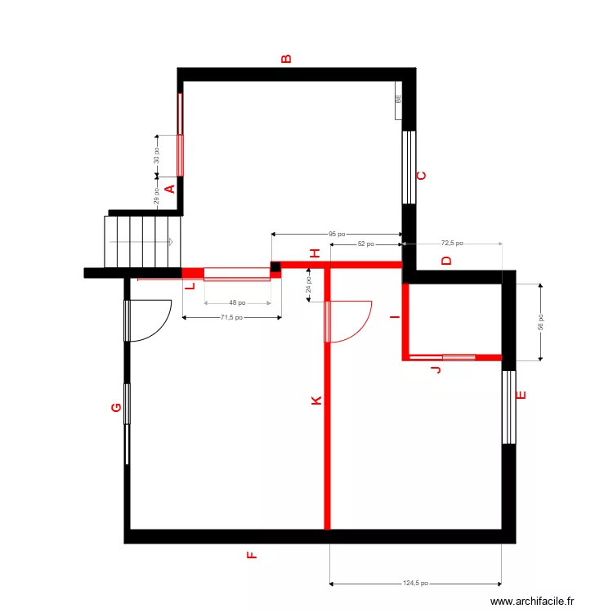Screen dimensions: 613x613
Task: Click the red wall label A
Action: point(170,190)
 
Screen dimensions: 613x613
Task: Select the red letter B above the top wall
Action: point(286,59)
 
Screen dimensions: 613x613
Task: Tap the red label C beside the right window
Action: point(422,176)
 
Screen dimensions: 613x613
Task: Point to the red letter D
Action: point(446,262)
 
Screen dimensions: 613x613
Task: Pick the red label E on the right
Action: point(521,396)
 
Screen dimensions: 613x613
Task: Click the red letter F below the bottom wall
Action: point(252,556)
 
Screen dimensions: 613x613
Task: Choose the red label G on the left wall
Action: point(116,407)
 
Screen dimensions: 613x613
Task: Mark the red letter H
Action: point(313,254)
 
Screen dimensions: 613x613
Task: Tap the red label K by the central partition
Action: point(316,400)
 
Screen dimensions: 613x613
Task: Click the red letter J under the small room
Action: point(436,370)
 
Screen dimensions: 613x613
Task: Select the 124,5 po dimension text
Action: point(415,584)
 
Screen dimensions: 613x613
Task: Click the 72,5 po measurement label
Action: point(452,243)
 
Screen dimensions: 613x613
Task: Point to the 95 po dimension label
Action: point(337,235)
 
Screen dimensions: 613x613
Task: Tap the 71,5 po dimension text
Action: point(231,318)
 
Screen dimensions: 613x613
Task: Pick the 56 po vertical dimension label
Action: point(540,322)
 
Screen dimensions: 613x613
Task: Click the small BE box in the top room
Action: point(398,99)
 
